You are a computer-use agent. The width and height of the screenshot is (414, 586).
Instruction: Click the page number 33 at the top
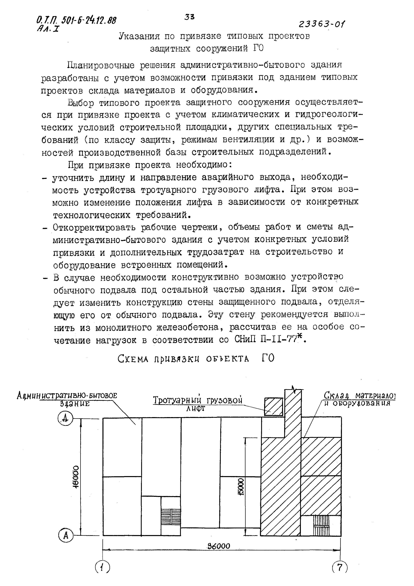click(189, 17)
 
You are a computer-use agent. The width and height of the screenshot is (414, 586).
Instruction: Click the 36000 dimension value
click(219, 546)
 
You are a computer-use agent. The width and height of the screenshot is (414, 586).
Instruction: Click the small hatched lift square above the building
click(273, 407)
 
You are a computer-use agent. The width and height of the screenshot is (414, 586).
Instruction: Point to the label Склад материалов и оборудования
click(359, 399)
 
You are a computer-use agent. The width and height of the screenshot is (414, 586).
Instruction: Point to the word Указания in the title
click(139, 36)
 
